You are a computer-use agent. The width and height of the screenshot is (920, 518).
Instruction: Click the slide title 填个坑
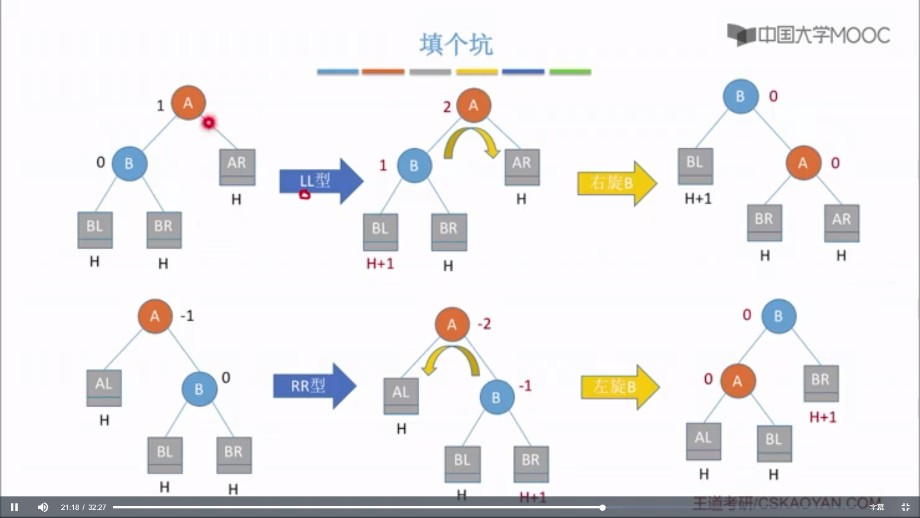[x=456, y=45]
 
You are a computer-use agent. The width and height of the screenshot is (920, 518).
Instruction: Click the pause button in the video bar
[x=14, y=507]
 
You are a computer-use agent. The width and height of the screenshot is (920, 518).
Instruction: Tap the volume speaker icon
[x=43, y=507]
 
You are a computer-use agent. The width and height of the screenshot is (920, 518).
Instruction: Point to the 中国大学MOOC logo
[x=808, y=35]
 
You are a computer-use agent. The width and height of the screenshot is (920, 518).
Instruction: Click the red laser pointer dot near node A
[x=208, y=123]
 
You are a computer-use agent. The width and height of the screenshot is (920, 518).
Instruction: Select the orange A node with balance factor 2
[x=473, y=106]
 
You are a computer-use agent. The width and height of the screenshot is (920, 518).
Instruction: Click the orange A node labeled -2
[x=452, y=325]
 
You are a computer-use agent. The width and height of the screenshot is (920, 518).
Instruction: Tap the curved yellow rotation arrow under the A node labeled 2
[x=471, y=141]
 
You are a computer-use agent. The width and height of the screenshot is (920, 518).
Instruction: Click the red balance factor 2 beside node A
[x=447, y=107]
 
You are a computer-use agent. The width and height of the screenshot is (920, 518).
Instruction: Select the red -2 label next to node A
[x=484, y=324]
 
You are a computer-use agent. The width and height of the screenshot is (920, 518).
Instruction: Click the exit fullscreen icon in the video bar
[x=905, y=507]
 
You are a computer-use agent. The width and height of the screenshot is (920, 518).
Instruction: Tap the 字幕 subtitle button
[x=876, y=507]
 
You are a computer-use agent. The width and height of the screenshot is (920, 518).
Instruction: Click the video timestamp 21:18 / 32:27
[x=83, y=507]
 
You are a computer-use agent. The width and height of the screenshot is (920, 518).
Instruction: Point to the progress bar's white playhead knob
[x=602, y=507]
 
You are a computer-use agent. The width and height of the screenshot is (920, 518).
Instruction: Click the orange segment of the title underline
[x=383, y=72]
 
